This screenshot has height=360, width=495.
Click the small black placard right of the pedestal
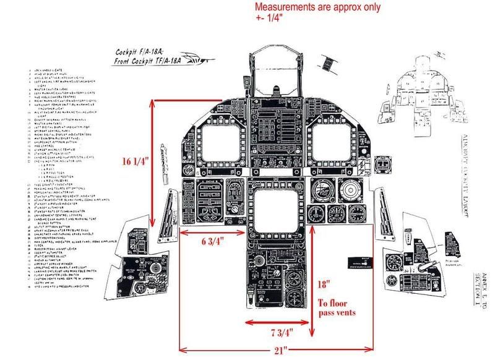tap(360, 262)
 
